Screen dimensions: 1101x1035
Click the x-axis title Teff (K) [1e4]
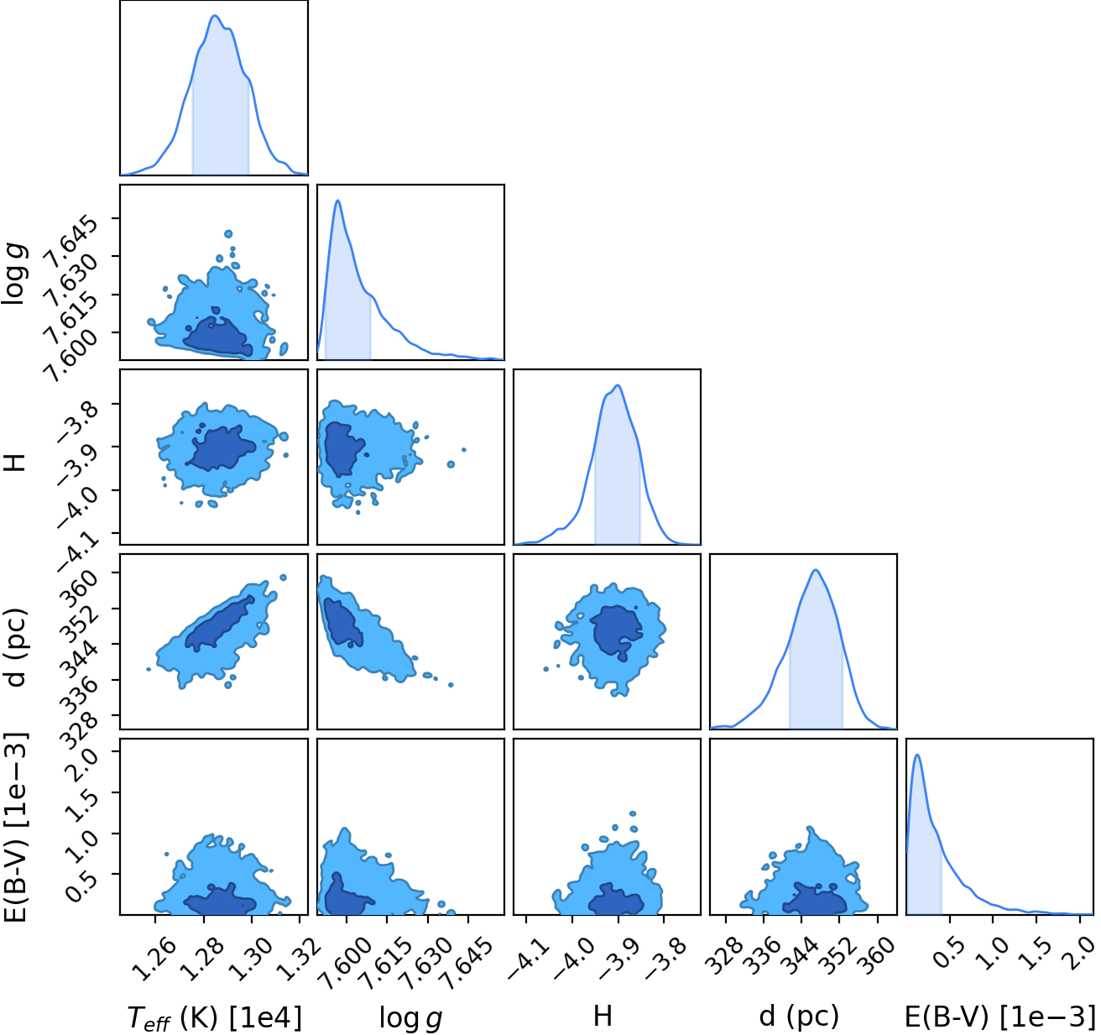pos(215,1019)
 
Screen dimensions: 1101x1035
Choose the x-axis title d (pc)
pos(799,1017)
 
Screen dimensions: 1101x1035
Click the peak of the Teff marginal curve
pos(215,16)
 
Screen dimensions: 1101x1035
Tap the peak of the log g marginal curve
pos(337,201)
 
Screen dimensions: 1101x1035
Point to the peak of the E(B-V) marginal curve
pos(917,755)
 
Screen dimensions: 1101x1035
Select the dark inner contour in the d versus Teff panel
pos(220,622)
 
